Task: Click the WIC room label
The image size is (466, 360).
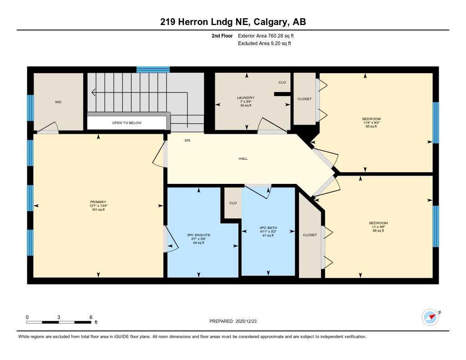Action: (x=58, y=102)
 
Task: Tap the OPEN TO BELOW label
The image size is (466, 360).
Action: (x=127, y=123)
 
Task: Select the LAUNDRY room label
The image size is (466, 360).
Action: (x=245, y=98)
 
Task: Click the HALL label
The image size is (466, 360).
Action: (x=243, y=158)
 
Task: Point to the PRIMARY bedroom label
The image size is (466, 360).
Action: (x=98, y=202)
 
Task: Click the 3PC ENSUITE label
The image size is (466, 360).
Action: (x=198, y=235)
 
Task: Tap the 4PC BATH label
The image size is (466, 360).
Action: (x=268, y=228)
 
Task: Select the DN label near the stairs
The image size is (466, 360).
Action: (x=187, y=140)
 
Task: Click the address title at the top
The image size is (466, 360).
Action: (x=233, y=22)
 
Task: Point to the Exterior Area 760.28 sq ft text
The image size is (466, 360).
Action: (x=269, y=35)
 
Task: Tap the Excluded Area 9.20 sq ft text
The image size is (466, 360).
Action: (x=264, y=44)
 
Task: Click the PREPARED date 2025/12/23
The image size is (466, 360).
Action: (x=236, y=321)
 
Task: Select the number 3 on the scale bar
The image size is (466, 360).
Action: (x=59, y=317)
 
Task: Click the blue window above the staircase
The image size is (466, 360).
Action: (x=153, y=70)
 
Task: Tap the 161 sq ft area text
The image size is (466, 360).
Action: (x=98, y=210)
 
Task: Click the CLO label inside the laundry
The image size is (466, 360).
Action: (x=282, y=82)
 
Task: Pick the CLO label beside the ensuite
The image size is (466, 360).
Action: (x=233, y=203)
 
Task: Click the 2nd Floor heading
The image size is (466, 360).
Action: (x=222, y=35)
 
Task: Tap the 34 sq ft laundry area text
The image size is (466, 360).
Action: (x=245, y=105)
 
